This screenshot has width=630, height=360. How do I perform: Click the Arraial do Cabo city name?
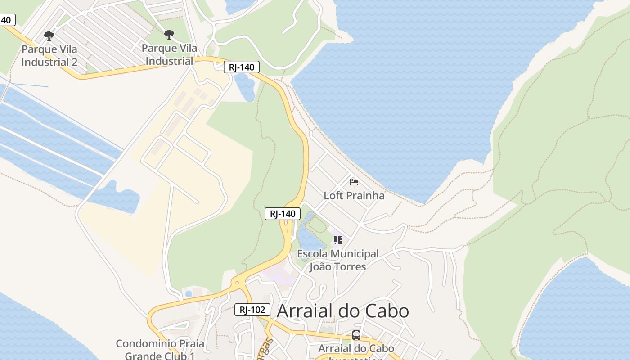[343, 311]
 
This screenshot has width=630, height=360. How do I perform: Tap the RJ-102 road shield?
[252, 310]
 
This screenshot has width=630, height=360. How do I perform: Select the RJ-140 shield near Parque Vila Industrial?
[242, 67]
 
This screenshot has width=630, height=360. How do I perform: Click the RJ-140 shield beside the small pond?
[283, 214]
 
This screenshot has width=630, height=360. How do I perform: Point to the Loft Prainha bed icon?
[354, 182]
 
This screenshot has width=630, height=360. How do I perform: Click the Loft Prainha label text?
[354, 195]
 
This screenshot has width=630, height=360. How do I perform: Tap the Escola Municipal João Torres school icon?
[337, 240]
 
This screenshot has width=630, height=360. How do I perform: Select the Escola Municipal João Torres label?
[338, 260]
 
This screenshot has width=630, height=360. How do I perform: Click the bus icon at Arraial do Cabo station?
[356, 335]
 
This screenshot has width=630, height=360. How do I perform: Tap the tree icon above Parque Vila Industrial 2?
[49, 36]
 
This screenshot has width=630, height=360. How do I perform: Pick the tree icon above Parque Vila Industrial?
[169, 34]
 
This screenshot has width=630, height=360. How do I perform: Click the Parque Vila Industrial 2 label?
[49, 55]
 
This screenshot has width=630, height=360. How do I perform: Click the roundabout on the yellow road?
[237, 283]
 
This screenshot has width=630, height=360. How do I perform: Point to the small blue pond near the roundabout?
[189, 294]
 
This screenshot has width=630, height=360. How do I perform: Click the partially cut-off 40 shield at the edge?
[6, 20]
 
